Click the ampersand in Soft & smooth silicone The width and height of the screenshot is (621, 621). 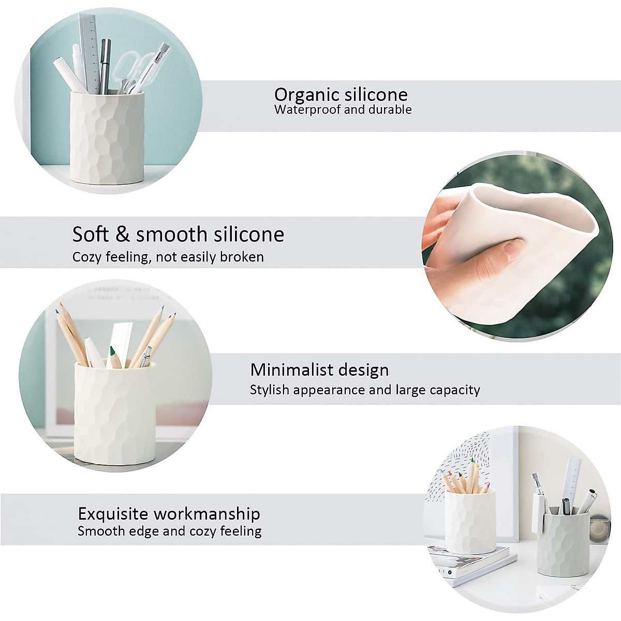click(x=122, y=234)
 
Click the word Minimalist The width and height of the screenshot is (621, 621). click(x=290, y=370)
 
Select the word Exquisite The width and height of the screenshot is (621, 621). click(x=113, y=514)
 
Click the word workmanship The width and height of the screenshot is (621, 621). click(x=207, y=514)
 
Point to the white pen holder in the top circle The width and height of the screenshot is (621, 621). click(x=107, y=137)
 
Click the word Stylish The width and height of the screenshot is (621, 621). click(x=269, y=390)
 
